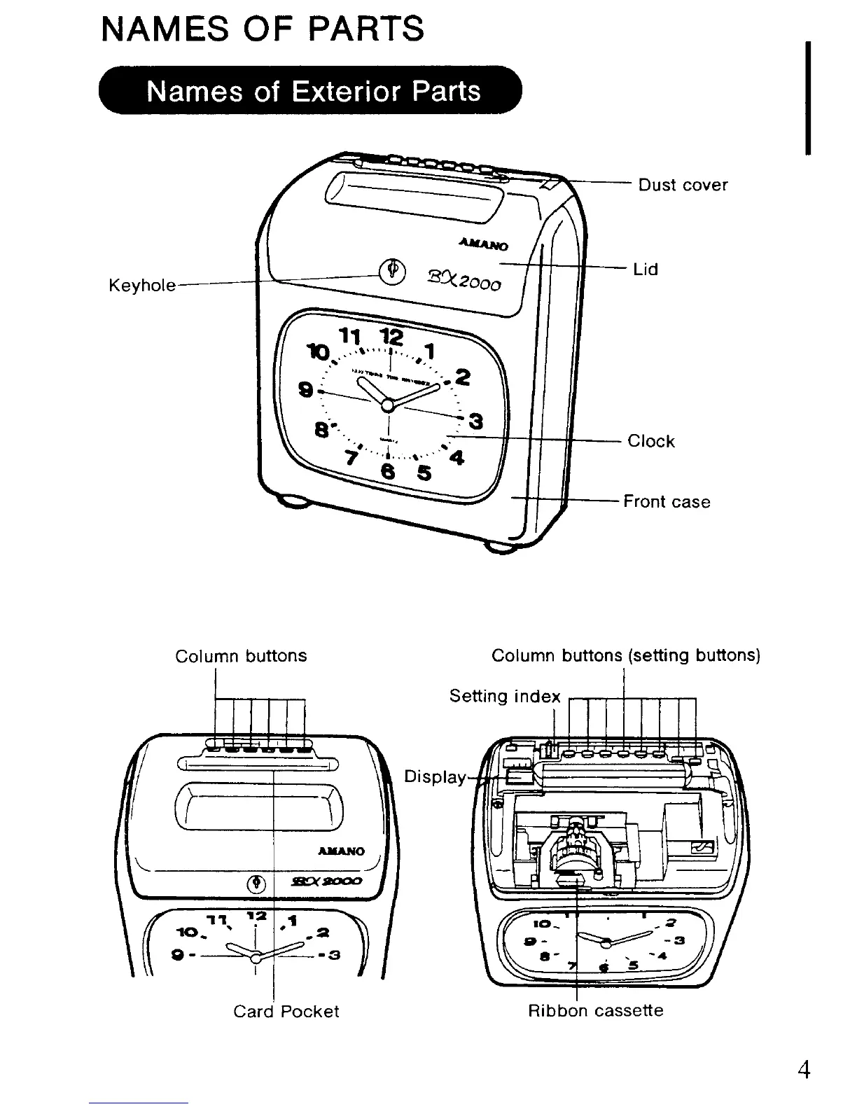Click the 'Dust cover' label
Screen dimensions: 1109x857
(x=683, y=185)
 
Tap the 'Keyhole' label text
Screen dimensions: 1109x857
(x=142, y=286)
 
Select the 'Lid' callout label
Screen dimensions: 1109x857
(x=646, y=270)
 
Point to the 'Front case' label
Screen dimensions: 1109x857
(x=667, y=502)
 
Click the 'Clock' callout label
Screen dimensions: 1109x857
(x=651, y=441)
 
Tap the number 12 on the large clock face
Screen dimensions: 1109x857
(x=393, y=337)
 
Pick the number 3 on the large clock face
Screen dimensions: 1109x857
(x=476, y=421)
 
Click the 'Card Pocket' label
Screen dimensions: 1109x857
(x=286, y=1012)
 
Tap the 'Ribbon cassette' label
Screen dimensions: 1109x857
(x=595, y=1011)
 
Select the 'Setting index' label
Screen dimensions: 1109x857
(x=505, y=697)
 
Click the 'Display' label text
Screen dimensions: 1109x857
(x=435, y=777)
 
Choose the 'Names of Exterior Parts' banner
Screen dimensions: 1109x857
(x=312, y=91)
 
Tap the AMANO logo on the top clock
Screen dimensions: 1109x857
(x=484, y=244)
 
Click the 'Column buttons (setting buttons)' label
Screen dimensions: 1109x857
(x=625, y=656)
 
